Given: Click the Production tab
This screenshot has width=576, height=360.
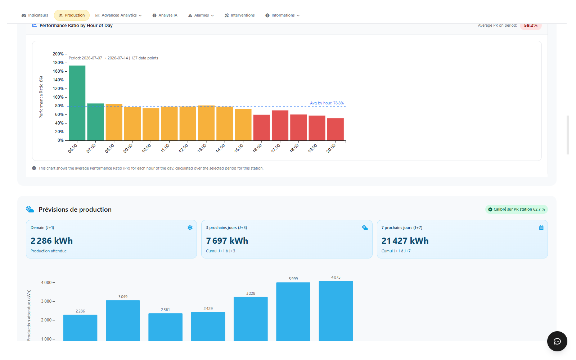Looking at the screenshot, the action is click(72, 15).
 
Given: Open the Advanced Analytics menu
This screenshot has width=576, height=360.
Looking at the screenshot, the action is click(118, 15).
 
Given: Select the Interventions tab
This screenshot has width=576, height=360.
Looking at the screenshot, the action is click(239, 15).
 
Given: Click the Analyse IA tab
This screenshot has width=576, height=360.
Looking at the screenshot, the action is click(165, 15).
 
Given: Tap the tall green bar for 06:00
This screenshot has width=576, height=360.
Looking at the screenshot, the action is click(77, 103).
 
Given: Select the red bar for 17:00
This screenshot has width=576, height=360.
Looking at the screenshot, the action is click(280, 126).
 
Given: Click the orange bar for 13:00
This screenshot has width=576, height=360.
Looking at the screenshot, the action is click(206, 123).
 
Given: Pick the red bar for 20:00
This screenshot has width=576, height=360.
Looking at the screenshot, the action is click(335, 129).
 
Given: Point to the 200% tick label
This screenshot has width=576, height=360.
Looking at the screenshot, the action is click(58, 54).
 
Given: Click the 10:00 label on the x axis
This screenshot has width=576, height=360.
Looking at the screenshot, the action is click(147, 148).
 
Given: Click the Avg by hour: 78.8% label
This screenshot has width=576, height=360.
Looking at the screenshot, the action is click(327, 103).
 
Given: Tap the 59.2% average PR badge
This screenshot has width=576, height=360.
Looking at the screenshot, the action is click(531, 26).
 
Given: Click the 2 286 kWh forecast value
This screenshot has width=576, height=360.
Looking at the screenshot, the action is click(52, 241).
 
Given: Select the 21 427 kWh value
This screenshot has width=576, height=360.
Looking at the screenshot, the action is click(405, 241).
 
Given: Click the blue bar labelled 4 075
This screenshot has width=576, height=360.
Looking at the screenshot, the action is click(336, 311).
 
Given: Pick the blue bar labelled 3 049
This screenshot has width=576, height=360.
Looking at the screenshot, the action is click(123, 321).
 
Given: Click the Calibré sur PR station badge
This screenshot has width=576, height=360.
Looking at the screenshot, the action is click(517, 209).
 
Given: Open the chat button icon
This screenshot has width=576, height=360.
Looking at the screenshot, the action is click(557, 341).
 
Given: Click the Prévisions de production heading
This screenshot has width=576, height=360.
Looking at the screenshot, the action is click(75, 209).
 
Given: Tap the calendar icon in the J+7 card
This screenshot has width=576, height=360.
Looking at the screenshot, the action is click(541, 228).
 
